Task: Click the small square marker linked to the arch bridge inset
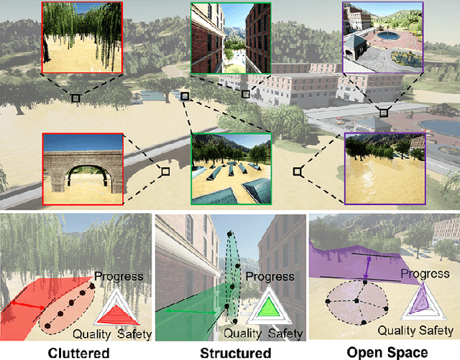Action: (165, 171)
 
